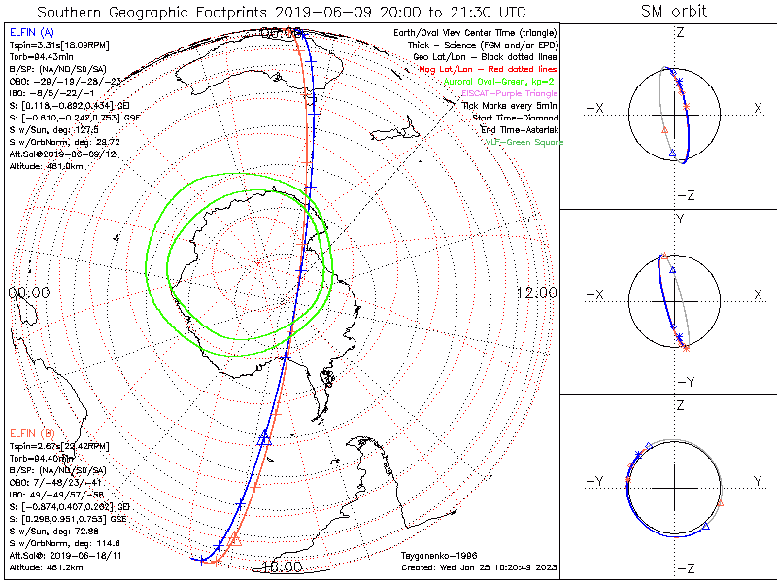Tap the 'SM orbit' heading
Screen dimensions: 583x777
pyautogui.click(x=674, y=12)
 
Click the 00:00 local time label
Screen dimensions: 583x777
pyautogui.click(x=28, y=292)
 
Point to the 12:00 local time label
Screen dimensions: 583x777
pyautogui.click(x=536, y=292)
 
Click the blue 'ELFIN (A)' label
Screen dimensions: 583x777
pyautogui.click(x=31, y=33)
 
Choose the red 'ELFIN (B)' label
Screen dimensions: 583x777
pyautogui.click(x=31, y=432)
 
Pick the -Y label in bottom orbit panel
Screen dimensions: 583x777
pyautogui.click(x=596, y=481)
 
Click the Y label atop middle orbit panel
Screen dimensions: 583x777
pyautogui.click(x=679, y=220)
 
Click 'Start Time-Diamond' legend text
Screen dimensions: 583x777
pyautogui.click(x=516, y=117)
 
